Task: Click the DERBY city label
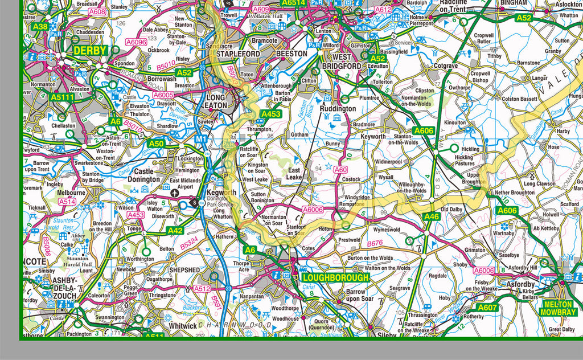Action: [90, 51]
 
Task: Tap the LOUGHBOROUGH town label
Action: [335, 278]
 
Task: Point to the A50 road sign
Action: [156, 144]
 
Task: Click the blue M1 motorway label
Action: [200, 139]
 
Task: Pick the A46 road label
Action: [432, 216]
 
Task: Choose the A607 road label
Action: [487, 308]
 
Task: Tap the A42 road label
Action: [175, 231]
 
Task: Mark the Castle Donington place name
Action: [147, 175]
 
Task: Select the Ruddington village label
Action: [338, 108]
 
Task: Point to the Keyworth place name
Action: [373, 137]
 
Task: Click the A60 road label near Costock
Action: [340, 170]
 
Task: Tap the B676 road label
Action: [375, 244]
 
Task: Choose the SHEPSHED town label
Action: [184, 269]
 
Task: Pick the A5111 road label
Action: [62, 97]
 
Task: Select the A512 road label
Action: [202, 289]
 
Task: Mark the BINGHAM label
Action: [514, 2]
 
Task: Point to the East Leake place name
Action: [294, 174]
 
